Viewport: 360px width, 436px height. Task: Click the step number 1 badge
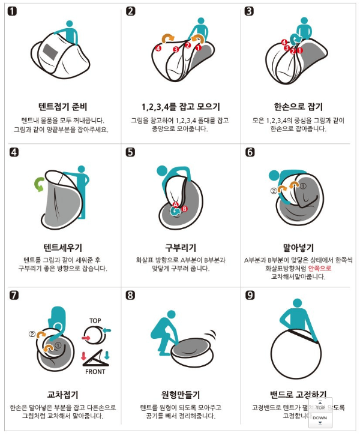(11, 11)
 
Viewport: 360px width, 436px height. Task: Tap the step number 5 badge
(131, 152)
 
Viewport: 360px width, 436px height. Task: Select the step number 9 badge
(250, 295)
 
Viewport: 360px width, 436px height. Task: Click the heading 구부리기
(181, 247)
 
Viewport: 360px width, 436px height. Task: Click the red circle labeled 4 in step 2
(158, 47)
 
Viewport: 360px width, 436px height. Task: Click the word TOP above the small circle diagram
(95, 321)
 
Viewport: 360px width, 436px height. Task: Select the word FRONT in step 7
(95, 371)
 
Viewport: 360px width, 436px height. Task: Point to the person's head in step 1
(70, 25)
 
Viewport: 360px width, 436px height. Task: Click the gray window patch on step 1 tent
(50, 51)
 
